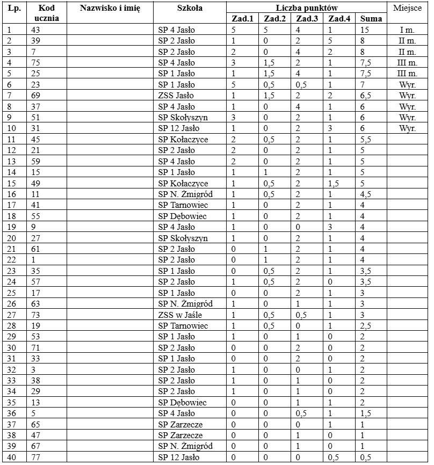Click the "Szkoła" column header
coord(189,8)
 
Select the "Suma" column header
coord(372,19)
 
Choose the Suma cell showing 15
coord(365,30)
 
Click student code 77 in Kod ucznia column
coord(36,457)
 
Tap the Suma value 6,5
coord(367,96)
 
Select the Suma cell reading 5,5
coord(367,140)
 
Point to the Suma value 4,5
coord(367,194)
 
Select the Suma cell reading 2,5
coord(367,326)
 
